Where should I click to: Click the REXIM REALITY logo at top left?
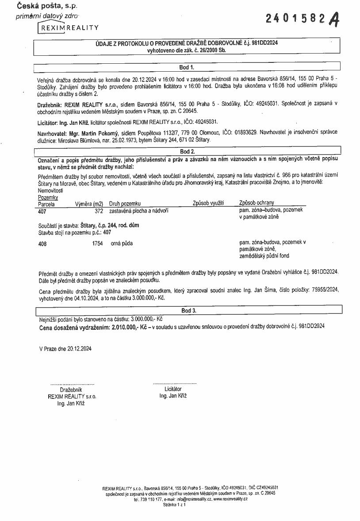pos(69,27)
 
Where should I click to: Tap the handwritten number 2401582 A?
pos(303,19)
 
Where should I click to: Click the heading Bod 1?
pos(186,68)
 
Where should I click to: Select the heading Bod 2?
pos(186,151)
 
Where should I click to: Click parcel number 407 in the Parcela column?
pos(42,211)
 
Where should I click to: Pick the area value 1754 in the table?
pos(97,243)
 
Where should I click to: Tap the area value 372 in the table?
pos(99,211)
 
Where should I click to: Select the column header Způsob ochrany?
pos(257,204)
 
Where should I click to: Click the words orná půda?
pos(122,243)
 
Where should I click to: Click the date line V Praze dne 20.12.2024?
pos(65,348)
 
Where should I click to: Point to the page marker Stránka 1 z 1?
pos(174,504)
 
